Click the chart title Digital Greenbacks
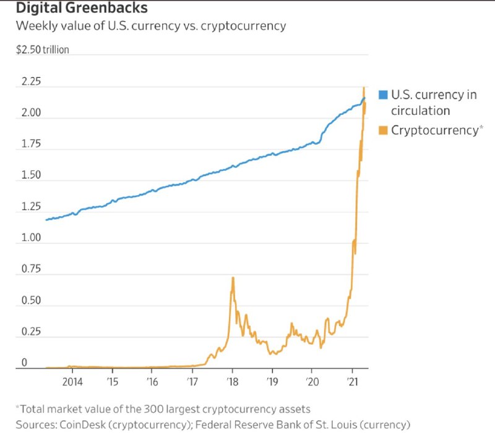pos(81,9)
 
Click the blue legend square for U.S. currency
pos(383,95)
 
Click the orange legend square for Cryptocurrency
pos(383,130)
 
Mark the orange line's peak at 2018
pos(233,278)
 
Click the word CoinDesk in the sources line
pos(81,424)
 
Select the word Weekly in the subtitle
pos(36,26)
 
